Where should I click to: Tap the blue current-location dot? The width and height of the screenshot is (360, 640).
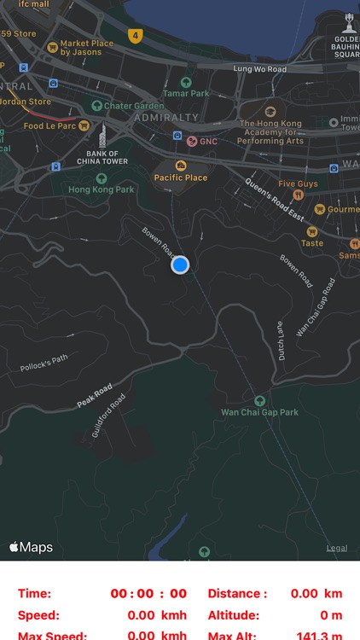179,265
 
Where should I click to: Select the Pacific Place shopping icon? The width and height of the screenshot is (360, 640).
181,166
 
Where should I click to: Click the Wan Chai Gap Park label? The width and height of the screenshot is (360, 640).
259,412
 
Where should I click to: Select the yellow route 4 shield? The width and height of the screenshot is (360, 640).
135,35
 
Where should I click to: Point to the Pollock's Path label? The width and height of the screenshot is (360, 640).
44,364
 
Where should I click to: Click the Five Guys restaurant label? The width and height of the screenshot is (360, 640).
298,183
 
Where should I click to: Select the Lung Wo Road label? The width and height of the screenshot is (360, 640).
260,68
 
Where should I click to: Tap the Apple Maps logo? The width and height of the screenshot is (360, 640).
32,547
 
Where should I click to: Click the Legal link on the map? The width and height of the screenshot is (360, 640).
336,548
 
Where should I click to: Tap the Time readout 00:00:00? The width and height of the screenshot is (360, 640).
148,594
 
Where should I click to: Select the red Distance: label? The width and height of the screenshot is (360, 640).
236,594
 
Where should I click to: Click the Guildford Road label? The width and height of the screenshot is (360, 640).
110,414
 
